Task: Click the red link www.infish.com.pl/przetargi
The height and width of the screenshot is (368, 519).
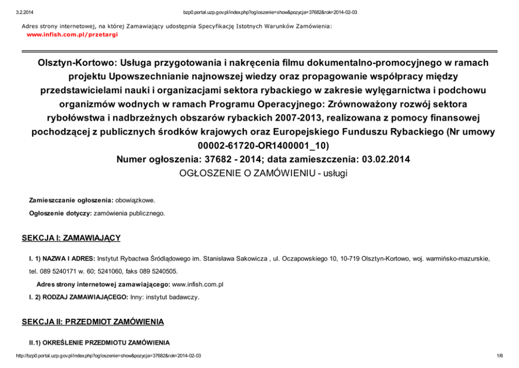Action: (72, 34)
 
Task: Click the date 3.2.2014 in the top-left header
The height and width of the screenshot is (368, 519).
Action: (25, 12)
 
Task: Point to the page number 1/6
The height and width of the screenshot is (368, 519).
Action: (499, 355)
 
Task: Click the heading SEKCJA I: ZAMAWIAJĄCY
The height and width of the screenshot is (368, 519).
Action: (71, 239)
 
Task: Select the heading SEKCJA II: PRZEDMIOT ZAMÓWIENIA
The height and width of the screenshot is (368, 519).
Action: (93, 321)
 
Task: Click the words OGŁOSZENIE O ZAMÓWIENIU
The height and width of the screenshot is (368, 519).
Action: (243, 173)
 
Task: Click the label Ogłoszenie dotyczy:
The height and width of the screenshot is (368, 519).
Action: (60, 213)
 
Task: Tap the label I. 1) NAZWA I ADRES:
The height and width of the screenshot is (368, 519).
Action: (62, 258)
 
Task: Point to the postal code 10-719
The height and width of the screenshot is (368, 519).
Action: (349, 258)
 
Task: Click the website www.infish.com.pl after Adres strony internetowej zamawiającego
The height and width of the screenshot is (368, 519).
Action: (198, 284)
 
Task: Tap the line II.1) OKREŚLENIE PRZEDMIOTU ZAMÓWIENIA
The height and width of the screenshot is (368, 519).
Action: (99, 342)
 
